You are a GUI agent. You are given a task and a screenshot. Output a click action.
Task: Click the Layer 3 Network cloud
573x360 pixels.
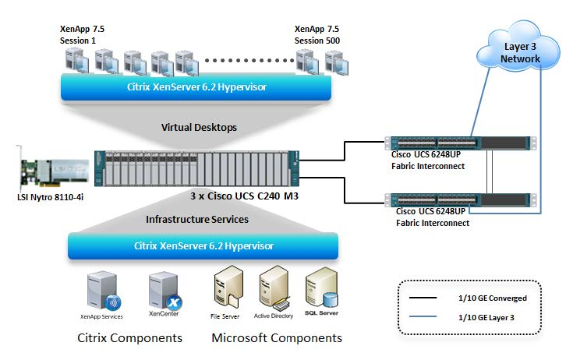coord(518,51)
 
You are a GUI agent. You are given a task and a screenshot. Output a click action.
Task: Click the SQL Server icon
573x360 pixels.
coord(321,290)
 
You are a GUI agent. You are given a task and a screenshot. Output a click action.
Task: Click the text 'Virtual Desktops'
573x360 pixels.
coord(198,127)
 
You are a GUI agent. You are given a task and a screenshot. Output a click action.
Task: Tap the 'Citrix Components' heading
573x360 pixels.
coord(130,338)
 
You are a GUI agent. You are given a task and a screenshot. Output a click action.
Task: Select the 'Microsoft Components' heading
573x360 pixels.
coord(277,338)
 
